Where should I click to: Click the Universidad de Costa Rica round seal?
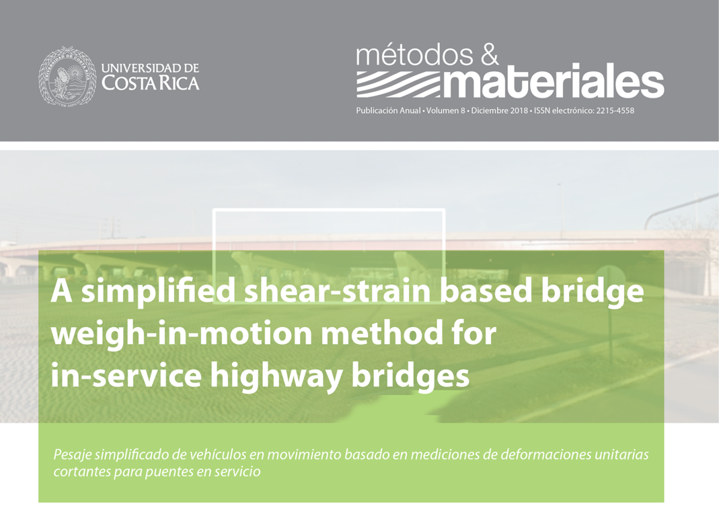tap(67, 76)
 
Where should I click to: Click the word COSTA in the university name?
tap(126, 83)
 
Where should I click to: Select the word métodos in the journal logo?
tap(414, 55)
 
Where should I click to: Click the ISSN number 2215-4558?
tap(615, 110)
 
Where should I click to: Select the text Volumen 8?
tap(446, 110)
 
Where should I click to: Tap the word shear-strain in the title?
tap(338, 291)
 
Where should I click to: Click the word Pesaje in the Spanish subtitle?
tap(69, 455)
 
